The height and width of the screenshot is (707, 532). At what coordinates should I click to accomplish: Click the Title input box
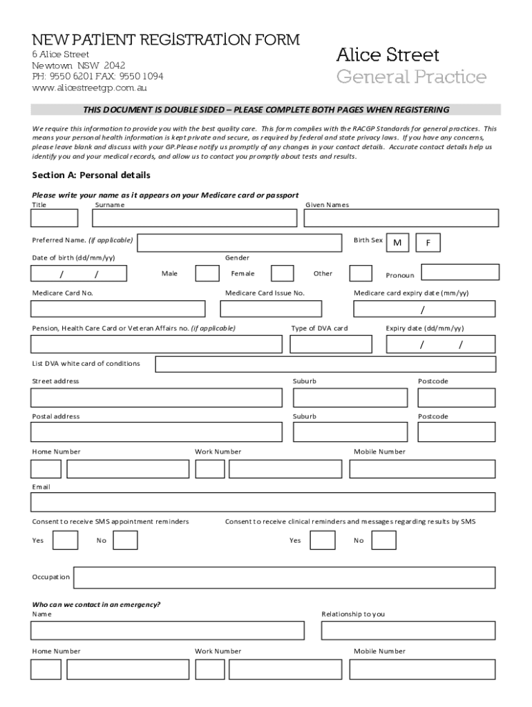(55, 218)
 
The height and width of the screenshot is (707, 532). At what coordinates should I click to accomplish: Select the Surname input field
(195, 218)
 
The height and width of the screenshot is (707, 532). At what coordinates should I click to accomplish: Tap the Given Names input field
(401, 218)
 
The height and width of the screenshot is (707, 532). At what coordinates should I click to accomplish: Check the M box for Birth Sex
(397, 243)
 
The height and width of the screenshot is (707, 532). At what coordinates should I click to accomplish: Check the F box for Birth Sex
(428, 243)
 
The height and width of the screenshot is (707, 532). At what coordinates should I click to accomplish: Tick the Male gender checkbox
(207, 273)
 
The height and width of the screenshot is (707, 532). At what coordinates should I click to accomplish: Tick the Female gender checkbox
(282, 273)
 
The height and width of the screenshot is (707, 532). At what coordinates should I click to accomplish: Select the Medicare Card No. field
(118, 309)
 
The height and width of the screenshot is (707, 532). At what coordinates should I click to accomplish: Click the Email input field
(263, 502)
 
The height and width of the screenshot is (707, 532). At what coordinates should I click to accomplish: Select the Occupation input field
(284, 577)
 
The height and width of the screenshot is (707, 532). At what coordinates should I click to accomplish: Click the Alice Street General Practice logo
(411, 66)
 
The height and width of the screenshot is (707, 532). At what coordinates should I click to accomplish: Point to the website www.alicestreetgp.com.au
(89, 88)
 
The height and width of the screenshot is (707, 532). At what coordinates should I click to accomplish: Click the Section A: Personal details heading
(91, 175)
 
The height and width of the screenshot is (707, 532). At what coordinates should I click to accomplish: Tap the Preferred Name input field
(240, 243)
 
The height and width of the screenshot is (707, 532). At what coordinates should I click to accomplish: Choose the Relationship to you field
(408, 630)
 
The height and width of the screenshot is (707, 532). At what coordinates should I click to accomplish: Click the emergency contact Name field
(167, 630)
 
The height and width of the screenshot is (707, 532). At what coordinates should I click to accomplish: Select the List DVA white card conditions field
(325, 364)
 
